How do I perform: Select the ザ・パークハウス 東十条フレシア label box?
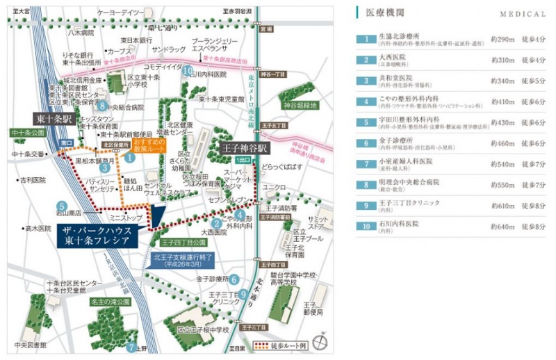coord(95,237)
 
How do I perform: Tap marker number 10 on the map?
coord(187,70)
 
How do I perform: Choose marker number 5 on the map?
coord(62,206)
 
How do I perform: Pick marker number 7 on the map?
coord(131,347)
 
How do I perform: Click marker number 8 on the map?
coord(102,106)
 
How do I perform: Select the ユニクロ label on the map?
coord(275,187)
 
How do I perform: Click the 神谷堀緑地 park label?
coord(300,106)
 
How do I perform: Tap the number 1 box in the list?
coord(364,38)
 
